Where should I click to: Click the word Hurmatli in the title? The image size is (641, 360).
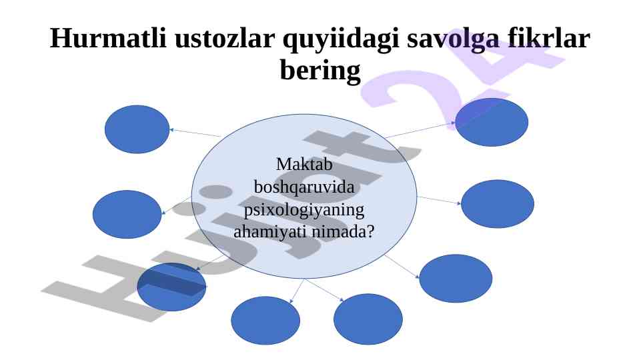coord(108,38)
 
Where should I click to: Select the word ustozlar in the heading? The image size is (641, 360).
coord(224,39)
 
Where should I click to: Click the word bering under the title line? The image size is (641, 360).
coord(320,70)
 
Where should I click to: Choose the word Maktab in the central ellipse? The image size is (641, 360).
coord(304,164)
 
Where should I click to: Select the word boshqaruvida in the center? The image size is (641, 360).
coord(304,187)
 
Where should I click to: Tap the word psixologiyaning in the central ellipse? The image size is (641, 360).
coord(304,211)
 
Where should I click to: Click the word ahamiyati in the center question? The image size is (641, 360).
coord(271,232)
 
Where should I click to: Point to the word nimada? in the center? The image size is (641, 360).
coord(343,232)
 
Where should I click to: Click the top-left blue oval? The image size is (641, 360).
coord(137,129)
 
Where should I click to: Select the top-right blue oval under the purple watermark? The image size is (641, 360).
coord(492,122)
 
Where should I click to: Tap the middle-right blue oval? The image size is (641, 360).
coord(498,204)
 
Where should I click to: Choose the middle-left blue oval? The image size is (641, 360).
coord(127,215)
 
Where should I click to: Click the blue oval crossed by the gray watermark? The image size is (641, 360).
coord(171,287)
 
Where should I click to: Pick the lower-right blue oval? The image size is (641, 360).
coord(456,279)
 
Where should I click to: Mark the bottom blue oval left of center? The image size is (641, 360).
coord(265,321)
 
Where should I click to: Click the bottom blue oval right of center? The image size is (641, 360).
coord(368,319)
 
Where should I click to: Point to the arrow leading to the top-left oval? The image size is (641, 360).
coord(195,133)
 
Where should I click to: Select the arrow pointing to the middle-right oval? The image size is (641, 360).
coord(439,200)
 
